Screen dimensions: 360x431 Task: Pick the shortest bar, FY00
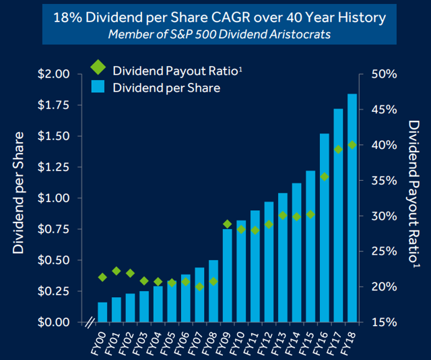coord(102,311)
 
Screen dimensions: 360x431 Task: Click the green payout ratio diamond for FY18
coord(352,145)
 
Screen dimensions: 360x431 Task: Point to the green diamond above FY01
coord(116,271)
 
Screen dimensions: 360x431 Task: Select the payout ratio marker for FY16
coord(324,177)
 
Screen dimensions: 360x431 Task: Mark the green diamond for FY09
coord(228,224)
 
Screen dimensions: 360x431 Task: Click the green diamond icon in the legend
coord(98,67)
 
